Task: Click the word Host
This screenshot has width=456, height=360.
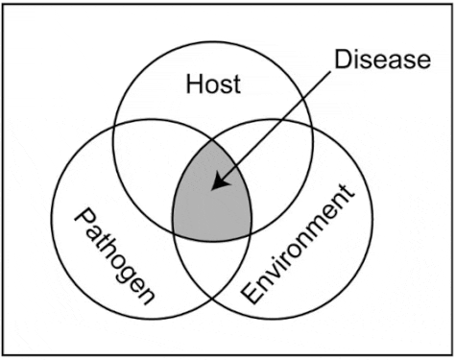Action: pyautogui.click(x=213, y=84)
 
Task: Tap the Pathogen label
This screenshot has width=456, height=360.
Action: pyautogui.click(x=114, y=253)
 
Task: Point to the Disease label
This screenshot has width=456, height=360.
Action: pyautogui.click(x=382, y=59)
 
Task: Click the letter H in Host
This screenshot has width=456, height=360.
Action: pyautogui.click(x=193, y=84)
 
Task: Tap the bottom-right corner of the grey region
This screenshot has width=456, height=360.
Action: pyautogui.click(x=252, y=230)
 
